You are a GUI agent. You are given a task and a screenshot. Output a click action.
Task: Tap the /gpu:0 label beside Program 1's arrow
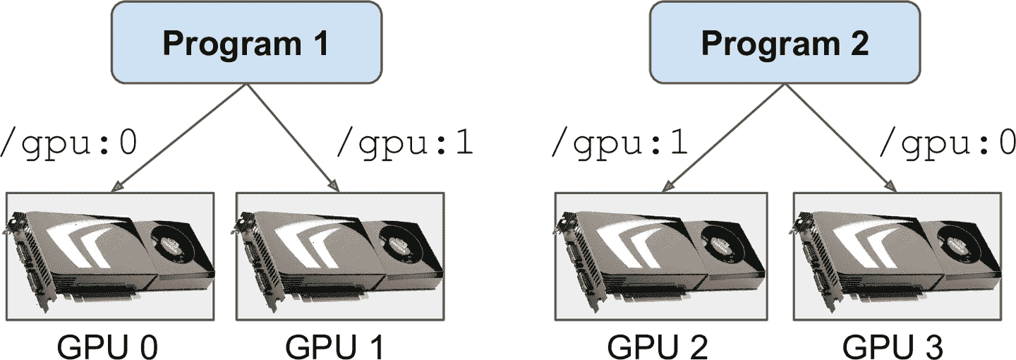pyautogui.click(x=69, y=143)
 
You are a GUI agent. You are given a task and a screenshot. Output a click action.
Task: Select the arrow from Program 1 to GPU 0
pyautogui.click(x=179, y=137)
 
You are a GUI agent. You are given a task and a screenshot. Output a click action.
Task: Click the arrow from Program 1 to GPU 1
pyautogui.click(x=289, y=137)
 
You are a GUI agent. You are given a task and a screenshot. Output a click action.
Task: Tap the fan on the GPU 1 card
pyautogui.click(x=401, y=245)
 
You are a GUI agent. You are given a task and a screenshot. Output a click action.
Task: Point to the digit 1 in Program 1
pyautogui.click(x=320, y=44)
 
